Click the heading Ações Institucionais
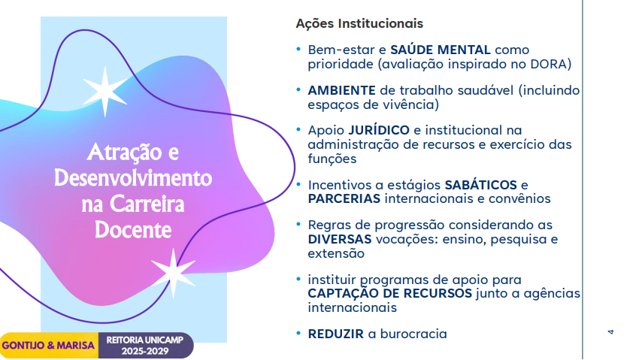tap(359, 23)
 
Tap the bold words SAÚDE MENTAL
tap(440, 50)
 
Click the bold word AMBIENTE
tap(341, 90)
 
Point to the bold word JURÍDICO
tap(379, 130)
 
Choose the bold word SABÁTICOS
tap(480, 185)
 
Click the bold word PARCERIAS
tap(344, 198)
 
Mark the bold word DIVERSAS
tap(340, 239)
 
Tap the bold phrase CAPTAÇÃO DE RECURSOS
tap(389, 293)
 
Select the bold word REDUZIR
tap(335, 334)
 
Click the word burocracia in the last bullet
tap(413, 334)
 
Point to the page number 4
tap(610, 332)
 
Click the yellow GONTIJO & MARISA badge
tap(49, 345)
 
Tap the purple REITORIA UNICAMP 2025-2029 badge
tap(146, 345)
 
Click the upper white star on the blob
tap(104, 92)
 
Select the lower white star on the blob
tap(173, 273)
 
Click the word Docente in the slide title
tap(133, 230)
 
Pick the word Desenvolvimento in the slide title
tap(133, 178)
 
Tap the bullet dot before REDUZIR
tap(298, 334)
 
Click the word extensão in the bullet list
tap(336, 254)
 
